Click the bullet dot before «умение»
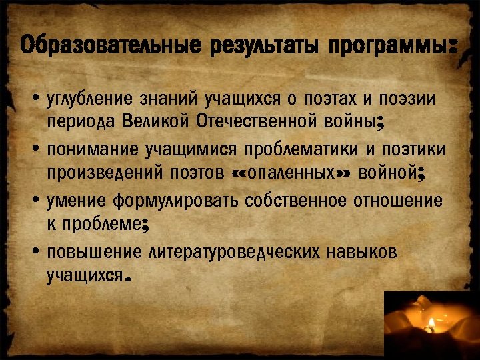point(34,201)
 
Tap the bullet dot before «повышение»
point(34,252)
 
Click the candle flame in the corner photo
point(431,324)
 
